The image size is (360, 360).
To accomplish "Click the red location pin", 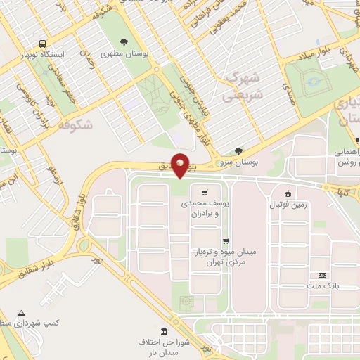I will pos(181,165).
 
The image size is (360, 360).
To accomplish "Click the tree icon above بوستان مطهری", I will pos(125,42).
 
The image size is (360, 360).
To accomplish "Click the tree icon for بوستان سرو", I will pos(238,150).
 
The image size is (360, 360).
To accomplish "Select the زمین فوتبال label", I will pos(288,205).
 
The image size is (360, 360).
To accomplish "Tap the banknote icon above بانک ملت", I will pos(323,275).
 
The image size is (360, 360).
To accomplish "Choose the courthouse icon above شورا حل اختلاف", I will pos(164,332).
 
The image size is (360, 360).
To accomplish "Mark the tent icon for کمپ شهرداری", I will pos(21,312).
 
